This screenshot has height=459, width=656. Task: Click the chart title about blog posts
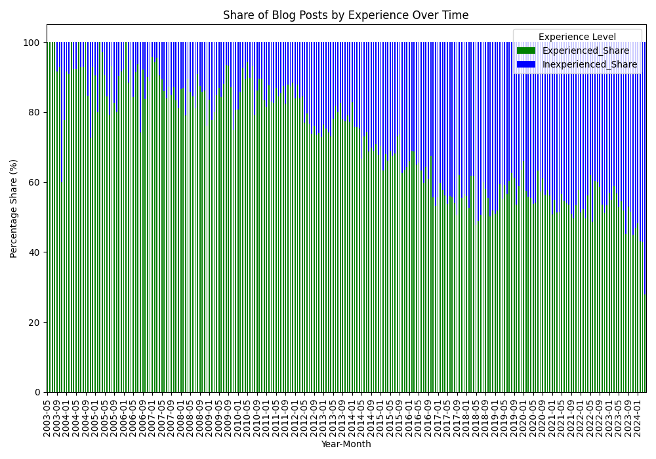tap(346, 15)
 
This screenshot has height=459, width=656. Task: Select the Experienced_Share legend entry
tap(585, 50)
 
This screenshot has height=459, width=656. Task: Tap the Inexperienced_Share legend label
tap(589, 64)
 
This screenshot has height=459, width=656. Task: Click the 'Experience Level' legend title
tap(577, 37)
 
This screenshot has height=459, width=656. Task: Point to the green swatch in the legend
tap(526, 50)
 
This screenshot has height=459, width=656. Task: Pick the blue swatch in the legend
tap(526, 64)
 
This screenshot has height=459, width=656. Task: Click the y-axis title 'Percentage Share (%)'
tap(14, 209)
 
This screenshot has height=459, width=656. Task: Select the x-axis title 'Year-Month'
tap(346, 445)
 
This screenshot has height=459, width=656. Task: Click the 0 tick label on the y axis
tap(38, 392)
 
